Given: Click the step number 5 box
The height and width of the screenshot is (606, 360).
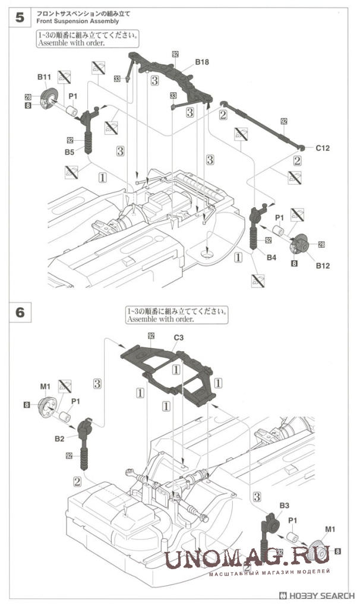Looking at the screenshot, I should tap(20, 17).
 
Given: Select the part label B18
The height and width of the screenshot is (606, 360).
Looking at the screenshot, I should tap(202, 61).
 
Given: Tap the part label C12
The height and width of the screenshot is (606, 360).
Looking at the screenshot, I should tap(323, 147).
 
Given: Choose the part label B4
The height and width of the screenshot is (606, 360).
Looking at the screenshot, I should tap(271, 257).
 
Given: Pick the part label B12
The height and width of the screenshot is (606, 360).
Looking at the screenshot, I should tap(323, 265).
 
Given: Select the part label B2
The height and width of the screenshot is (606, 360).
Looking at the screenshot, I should tap(60, 438).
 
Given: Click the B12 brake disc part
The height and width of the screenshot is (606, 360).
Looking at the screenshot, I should tap(301, 243).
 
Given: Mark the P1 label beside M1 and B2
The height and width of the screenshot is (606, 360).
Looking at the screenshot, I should tap(75, 401).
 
